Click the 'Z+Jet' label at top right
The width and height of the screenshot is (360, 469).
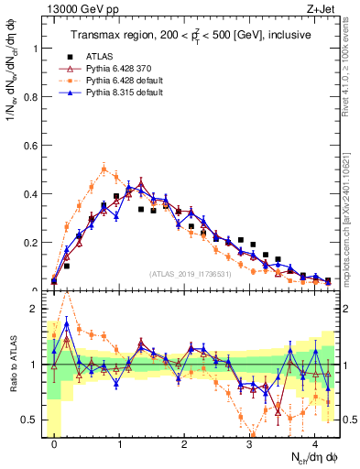[323, 8]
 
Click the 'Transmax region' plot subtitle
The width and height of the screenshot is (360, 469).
[193, 35]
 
